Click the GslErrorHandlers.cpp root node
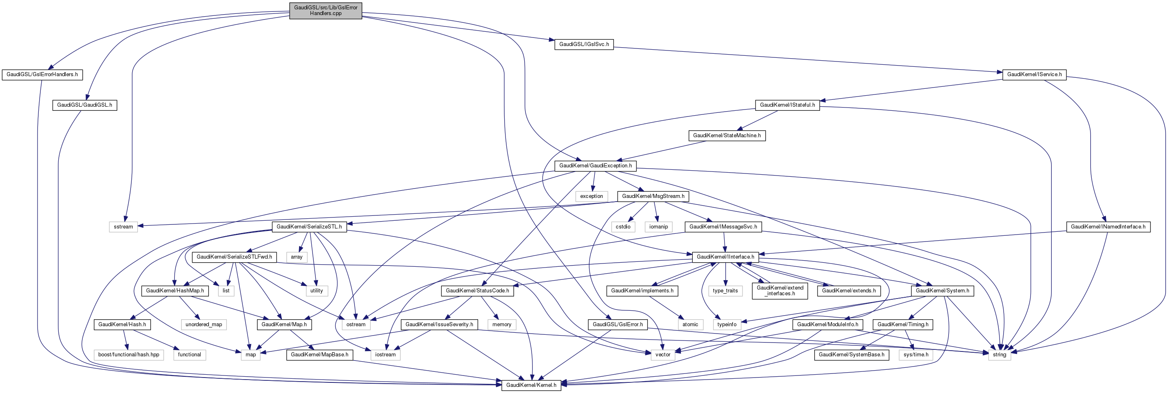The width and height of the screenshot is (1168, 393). coord(326,11)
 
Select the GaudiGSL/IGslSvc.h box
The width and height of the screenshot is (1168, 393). coord(583,44)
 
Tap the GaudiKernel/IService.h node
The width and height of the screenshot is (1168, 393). coord(1034,75)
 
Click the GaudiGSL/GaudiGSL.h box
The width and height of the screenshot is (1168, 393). coord(85,105)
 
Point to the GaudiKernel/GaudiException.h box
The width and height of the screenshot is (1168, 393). coord(595,166)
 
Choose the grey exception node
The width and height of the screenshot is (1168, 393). coord(591,196)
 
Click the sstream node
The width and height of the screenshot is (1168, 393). coord(123,227)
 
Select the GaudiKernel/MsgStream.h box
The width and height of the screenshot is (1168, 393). coord(653,196)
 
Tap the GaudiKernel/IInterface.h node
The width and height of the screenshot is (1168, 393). coord(725,257)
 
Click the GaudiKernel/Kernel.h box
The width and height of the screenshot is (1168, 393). coord(531,385)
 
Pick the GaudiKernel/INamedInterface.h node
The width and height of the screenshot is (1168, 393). coord(1108,227)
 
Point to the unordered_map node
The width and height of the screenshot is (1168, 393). coord(204,325)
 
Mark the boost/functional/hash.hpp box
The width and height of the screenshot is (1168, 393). coord(129,355)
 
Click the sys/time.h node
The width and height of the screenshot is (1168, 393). coord(915,355)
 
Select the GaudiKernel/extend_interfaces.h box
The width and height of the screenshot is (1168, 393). coord(780,291)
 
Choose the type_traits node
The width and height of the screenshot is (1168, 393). coord(725,291)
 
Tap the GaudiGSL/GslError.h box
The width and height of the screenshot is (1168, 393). coord(618,325)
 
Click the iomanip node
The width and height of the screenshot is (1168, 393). coord(658,227)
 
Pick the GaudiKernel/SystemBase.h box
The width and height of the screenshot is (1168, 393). coord(851,355)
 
